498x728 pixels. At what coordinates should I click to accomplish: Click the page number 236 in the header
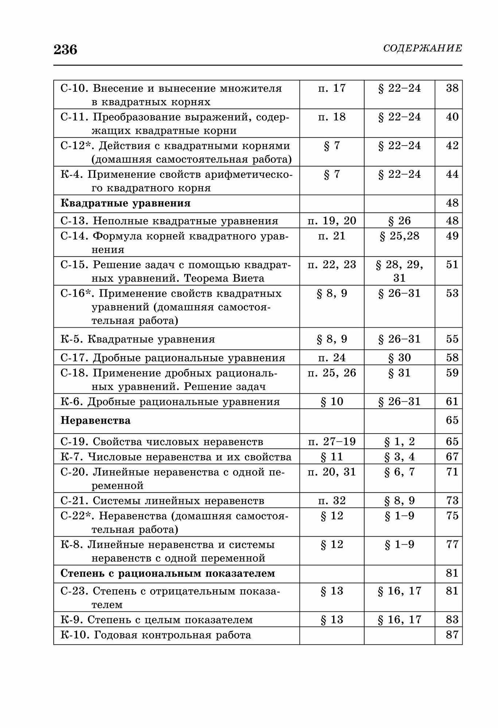click(x=66, y=49)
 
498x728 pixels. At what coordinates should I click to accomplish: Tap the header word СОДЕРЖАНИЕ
click(x=423, y=48)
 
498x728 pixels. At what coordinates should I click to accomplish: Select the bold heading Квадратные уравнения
click(x=125, y=203)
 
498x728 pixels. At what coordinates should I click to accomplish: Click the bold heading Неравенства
click(x=96, y=420)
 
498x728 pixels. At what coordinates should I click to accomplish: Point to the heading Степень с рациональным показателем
click(x=168, y=573)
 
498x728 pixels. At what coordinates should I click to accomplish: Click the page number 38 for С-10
click(x=452, y=88)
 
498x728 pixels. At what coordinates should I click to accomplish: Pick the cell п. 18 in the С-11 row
click(x=332, y=117)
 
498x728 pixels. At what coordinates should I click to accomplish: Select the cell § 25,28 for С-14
click(x=400, y=236)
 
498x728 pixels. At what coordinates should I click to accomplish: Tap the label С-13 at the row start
click(x=74, y=221)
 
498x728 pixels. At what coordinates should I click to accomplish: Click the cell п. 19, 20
click(x=332, y=221)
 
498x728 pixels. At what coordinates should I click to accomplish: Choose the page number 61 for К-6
click(x=452, y=401)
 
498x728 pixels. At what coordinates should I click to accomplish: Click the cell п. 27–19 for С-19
click(x=332, y=442)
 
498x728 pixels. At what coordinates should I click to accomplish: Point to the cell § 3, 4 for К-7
click(x=400, y=456)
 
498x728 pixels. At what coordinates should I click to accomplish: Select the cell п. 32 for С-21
click(x=332, y=500)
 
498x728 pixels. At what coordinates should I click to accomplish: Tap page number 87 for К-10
click(x=452, y=635)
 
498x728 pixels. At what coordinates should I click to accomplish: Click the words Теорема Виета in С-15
click(x=224, y=278)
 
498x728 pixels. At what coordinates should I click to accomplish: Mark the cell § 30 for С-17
click(x=400, y=357)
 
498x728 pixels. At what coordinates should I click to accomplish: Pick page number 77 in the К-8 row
click(x=452, y=545)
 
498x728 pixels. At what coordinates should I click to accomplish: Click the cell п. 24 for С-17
click(x=332, y=357)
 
